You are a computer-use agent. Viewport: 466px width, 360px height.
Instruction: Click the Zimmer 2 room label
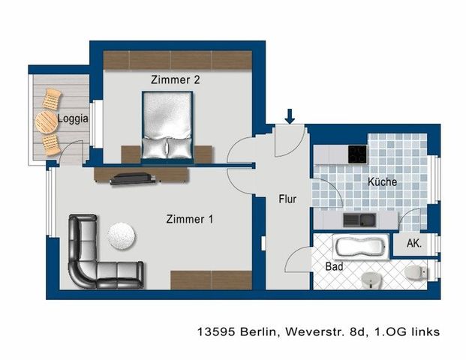click(x=175, y=79)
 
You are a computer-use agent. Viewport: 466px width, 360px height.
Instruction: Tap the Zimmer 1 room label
click(x=190, y=220)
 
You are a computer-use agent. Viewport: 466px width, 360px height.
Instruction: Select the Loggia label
click(x=73, y=119)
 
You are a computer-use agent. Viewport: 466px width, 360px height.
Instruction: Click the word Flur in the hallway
click(x=287, y=199)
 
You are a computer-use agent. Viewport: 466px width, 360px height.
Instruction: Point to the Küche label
click(x=382, y=182)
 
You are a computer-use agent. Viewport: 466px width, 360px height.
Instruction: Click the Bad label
click(x=334, y=266)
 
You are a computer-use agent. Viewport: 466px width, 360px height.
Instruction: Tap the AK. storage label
click(x=413, y=244)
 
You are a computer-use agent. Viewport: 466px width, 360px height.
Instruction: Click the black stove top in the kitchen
click(x=356, y=154)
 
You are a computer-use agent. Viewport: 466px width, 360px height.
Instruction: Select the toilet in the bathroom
click(x=413, y=271)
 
